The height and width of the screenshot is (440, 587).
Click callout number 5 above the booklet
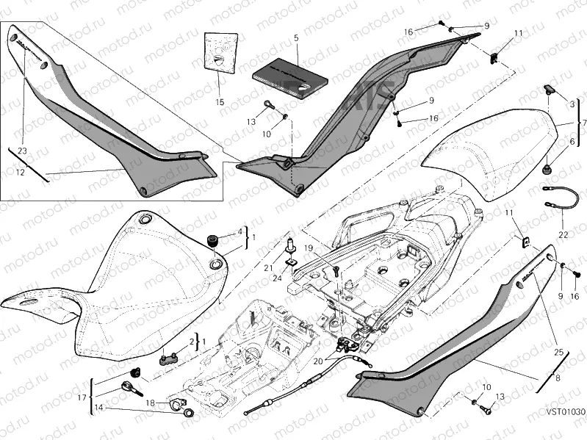296,37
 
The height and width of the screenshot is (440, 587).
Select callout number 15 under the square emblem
220,101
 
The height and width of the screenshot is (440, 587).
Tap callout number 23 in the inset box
22,150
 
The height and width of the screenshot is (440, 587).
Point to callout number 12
21,172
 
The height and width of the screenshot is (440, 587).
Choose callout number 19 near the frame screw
309,249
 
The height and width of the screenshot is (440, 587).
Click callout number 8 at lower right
558,379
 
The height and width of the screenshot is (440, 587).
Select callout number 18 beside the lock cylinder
150,403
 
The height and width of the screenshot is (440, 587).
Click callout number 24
276,278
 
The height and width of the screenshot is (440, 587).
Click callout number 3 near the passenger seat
572,104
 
